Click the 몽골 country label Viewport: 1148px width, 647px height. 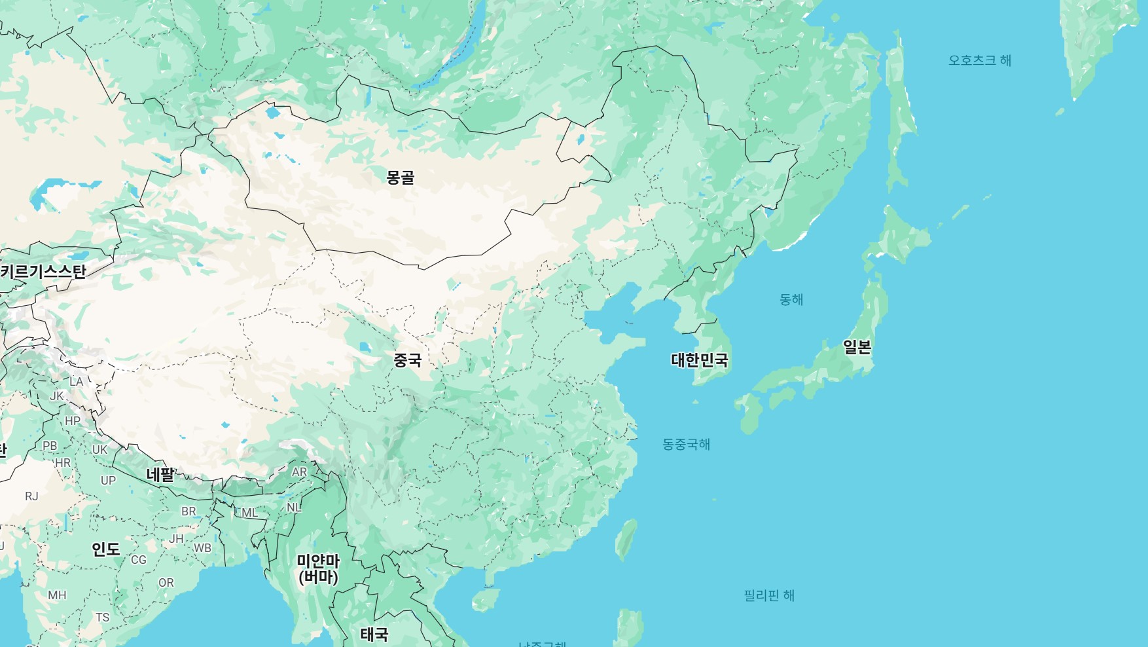tap(400, 177)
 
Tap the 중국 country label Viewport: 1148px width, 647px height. tap(407, 360)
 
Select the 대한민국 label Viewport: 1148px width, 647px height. tap(699, 360)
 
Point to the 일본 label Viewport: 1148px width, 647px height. tap(857, 347)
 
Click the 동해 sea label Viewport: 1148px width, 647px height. tap(791, 299)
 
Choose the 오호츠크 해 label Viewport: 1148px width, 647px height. tap(979, 60)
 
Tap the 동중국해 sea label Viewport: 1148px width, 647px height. tap(686, 444)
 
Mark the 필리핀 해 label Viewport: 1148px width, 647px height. tap(768, 595)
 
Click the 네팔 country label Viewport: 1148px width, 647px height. tap(160, 474)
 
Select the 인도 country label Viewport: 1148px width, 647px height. tap(105, 549)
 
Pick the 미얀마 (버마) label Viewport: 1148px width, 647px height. tap(318, 568)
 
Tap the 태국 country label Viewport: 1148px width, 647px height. tap(374, 634)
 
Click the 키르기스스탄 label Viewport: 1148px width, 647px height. tap(43, 271)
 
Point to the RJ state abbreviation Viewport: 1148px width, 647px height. tap(31, 496)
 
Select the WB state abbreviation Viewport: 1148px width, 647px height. tap(202, 548)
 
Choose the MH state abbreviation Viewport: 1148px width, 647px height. tap(57, 595)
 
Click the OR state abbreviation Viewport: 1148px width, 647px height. tap(166, 583)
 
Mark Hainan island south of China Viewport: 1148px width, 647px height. tap(485, 599)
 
